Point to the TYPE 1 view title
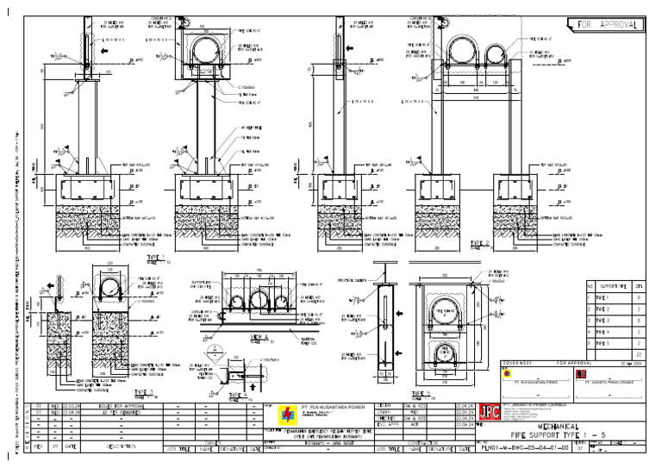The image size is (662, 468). pyautogui.click(x=154, y=257)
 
